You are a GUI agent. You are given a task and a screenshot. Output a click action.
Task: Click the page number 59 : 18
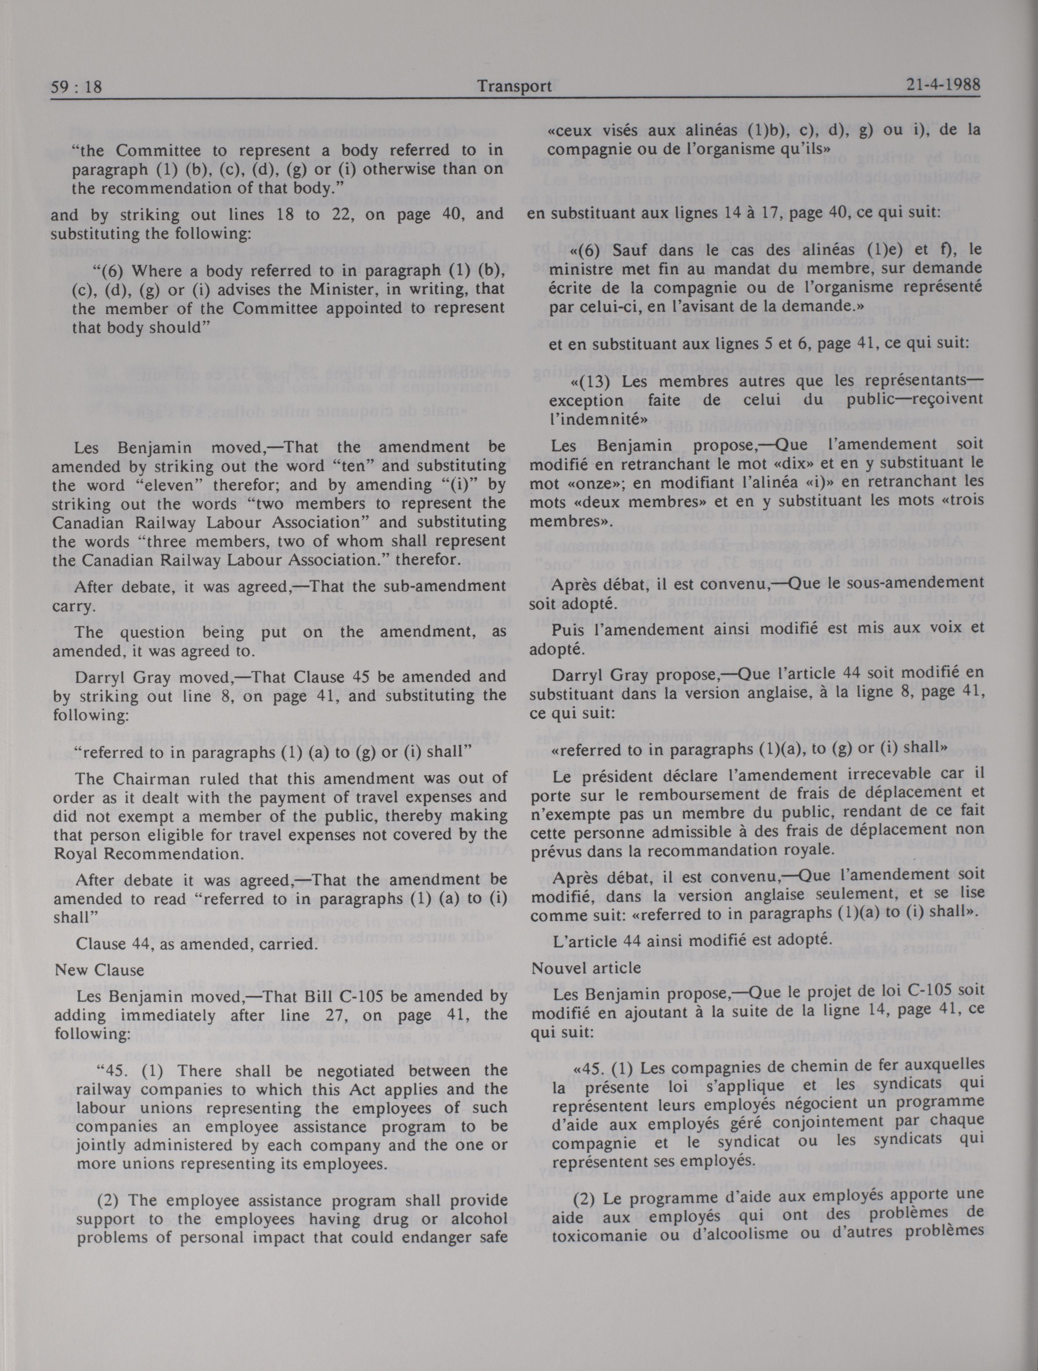[x=76, y=87]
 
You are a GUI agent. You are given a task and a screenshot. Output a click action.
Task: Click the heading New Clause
[x=99, y=970]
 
